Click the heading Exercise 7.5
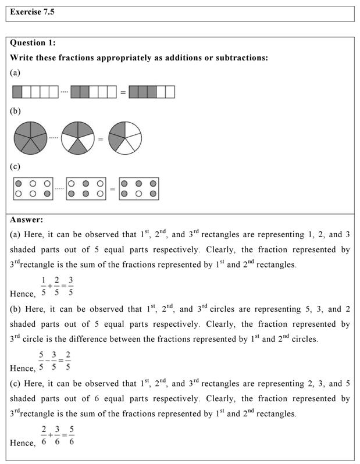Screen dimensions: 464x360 click(33, 12)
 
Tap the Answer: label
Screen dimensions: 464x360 click(27, 220)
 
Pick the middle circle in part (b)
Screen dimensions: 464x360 click(77, 138)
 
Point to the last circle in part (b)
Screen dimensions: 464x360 click(125, 138)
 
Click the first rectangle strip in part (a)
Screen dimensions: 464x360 click(35, 92)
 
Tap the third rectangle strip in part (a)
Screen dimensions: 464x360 click(152, 92)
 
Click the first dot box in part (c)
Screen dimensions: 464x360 click(33, 188)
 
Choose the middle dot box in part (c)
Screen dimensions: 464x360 click(86, 188)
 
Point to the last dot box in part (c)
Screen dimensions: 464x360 click(139, 188)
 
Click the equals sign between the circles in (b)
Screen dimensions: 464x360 click(101, 139)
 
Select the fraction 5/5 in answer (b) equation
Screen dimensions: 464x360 click(41, 361)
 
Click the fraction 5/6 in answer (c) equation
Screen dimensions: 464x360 click(71, 436)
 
